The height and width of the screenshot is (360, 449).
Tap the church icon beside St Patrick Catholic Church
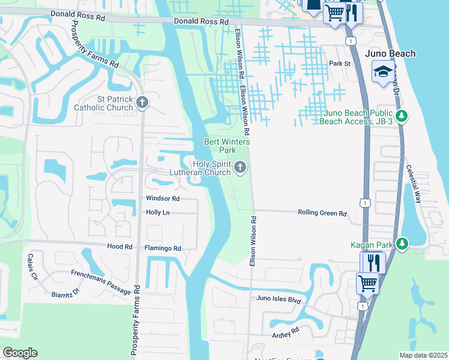tap(142, 103)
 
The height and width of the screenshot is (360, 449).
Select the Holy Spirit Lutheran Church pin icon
tap(240, 168)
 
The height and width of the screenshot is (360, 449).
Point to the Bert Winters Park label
tap(219, 146)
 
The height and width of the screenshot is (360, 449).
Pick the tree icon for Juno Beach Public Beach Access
tap(403, 116)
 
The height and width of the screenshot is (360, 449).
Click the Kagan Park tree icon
tap(402, 244)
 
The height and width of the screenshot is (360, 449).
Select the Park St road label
tap(339, 64)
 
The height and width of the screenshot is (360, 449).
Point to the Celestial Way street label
tap(414, 184)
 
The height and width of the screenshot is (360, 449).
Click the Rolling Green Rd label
tap(323, 213)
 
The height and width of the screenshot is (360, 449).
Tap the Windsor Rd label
tap(163, 198)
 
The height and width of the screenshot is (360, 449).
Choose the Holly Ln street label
tap(158, 212)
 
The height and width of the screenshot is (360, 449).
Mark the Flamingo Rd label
tap(163, 248)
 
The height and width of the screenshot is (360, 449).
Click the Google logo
tap(20, 353)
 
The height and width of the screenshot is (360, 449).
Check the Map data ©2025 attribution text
tap(423, 355)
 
